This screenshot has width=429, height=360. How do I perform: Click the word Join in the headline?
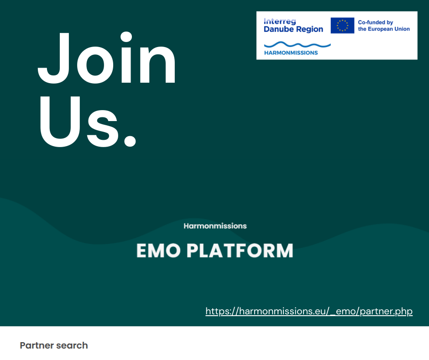[x=107, y=58]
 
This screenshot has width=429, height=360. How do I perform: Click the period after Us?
[x=130, y=140]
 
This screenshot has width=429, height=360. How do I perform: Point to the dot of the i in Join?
[x=126, y=37]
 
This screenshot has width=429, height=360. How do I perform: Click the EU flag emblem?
[x=342, y=26]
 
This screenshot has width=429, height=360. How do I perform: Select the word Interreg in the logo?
[x=280, y=21]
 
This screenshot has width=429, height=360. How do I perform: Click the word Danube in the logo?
[x=278, y=29]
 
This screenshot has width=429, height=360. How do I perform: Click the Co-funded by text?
[x=375, y=22]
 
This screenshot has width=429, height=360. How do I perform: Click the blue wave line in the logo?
[x=298, y=44]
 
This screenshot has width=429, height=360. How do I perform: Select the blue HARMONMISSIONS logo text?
[x=291, y=53]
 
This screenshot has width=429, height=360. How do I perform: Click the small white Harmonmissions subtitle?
[x=215, y=226]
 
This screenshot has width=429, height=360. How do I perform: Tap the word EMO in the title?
[x=158, y=251]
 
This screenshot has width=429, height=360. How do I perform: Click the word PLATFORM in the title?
[x=240, y=251]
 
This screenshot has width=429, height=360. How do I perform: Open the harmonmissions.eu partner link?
[x=309, y=311]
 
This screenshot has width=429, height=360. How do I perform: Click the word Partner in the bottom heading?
[x=37, y=345]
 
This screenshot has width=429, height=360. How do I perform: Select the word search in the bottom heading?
[x=72, y=345]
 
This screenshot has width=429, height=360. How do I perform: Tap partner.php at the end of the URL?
[x=386, y=312]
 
